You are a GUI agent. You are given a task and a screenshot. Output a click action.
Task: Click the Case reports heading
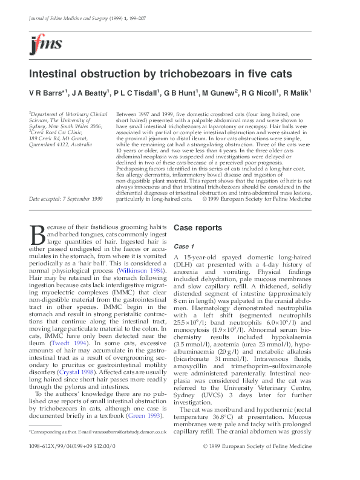pos(197,228)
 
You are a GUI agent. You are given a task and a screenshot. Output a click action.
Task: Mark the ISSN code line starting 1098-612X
pos(73,462)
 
